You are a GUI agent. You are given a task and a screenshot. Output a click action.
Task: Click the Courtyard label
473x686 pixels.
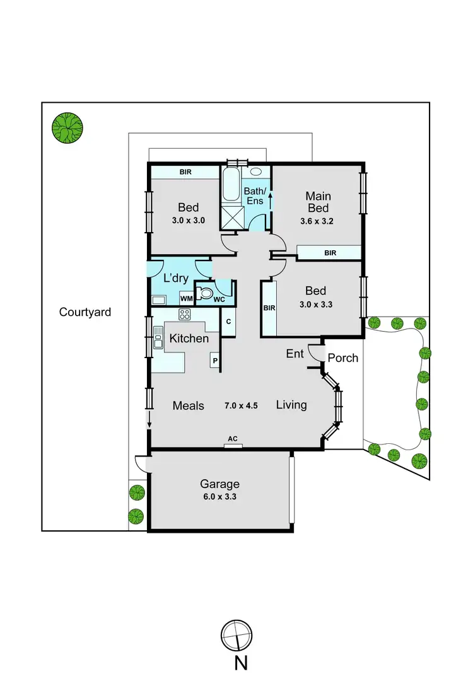85,311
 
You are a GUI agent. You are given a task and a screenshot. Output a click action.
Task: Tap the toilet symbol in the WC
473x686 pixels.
204,293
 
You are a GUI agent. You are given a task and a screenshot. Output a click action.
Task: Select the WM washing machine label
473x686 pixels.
186,298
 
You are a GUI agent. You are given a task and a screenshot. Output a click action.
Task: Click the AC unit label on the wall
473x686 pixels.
233,438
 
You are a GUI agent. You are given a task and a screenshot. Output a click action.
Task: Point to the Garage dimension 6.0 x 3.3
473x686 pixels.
219,496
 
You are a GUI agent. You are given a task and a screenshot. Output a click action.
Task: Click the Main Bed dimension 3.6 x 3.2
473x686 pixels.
318,221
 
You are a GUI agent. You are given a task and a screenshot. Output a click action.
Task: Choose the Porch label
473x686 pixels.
343,358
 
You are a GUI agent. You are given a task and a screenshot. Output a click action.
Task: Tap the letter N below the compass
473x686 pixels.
241,663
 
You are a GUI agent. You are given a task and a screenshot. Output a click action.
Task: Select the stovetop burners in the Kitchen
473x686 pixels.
185,315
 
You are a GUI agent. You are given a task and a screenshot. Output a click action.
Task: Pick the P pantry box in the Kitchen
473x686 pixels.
215,361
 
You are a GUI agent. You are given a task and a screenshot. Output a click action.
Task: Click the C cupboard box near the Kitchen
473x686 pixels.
228,322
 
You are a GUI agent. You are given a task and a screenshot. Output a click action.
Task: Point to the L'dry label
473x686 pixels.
176,278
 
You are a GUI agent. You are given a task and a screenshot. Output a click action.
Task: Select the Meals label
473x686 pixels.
189,405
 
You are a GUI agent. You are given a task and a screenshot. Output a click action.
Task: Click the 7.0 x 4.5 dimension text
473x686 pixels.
242,405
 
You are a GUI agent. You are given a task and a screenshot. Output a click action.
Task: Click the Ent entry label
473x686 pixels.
295,354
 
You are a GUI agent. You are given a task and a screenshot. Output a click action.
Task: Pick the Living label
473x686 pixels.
291,405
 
